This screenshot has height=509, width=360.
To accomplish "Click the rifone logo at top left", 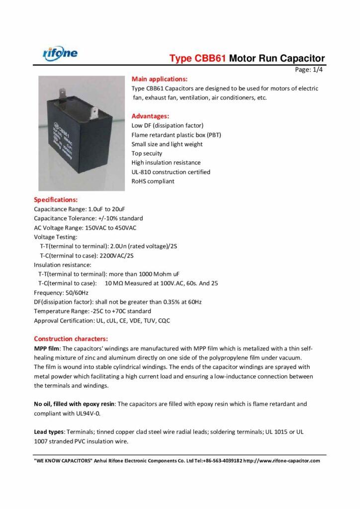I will (60, 52).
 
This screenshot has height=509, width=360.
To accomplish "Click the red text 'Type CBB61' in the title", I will (198, 59).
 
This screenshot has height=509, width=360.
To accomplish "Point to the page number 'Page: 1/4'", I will (309, 70).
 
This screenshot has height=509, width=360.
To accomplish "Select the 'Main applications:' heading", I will (159, 79).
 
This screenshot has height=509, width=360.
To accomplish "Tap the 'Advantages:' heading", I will (150, 116).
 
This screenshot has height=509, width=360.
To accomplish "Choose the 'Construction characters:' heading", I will (71, 339).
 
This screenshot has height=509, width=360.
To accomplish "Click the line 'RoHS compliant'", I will (153, 181).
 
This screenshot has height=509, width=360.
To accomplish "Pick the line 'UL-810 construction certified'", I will (171, 172).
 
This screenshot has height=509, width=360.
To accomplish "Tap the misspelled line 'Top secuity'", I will (147, 154).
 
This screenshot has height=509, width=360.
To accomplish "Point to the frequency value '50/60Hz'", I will (76, 293).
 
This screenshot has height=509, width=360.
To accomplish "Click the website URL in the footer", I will (286, 461).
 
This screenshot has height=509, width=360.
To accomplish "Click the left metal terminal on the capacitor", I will (62, 93).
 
